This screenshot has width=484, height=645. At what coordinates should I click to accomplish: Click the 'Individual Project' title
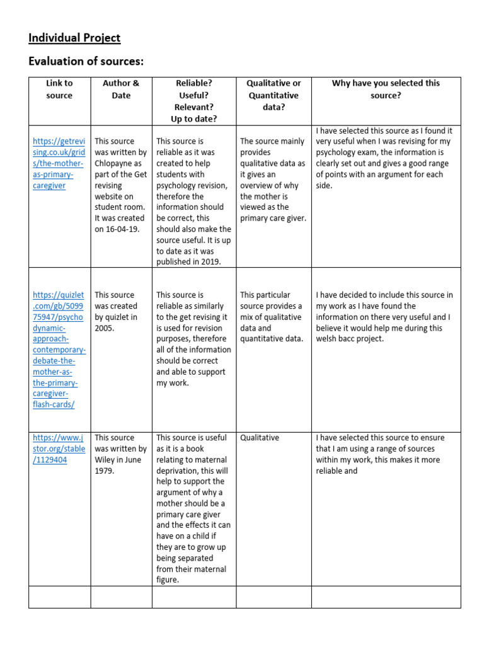pyautogui.click(x=74, y=38)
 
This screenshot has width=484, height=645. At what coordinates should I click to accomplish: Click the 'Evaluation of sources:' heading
pyautogui.click(x=86, y=61)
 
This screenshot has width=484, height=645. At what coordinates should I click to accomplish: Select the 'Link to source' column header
pyautogui.click(x=59, y=89)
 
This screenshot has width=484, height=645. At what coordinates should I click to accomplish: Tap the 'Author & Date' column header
pyautogui.click(x=121, y=89)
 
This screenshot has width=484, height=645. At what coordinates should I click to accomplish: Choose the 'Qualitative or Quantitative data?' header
pyautogui.click(x=274, y=95)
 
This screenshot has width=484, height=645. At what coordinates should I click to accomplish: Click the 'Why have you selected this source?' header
pyautogui.click(x=386, y=89)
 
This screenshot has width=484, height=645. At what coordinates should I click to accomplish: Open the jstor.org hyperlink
pyautogui.click(x=59, y=448)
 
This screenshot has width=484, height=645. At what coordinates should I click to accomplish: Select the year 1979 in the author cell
pyautogui.click(x=105, y=471)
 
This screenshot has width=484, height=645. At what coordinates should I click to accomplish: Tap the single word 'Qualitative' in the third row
pyautogui.click(x=259, y=438)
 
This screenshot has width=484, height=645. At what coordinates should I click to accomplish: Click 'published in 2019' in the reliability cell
pyautogui.click(x=188, y=262)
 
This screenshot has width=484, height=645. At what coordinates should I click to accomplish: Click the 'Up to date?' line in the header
pyautogui.click(x=193, y=118)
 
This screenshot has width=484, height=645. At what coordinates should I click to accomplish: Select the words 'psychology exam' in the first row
pyautogui.click(x=345, y=152)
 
